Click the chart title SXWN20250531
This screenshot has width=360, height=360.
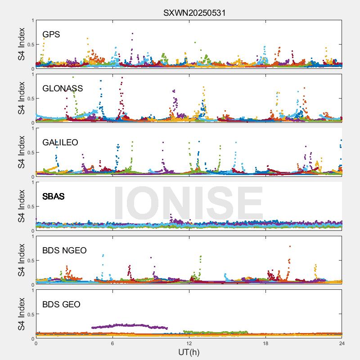click(194, 13)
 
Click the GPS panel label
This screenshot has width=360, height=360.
click(51, 34)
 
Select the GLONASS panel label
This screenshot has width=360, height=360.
click(63, 88)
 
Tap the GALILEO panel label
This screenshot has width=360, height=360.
click(60, 142)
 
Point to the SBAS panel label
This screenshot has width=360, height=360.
click(54, 196)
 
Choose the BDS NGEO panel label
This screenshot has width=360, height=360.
click(64, 250)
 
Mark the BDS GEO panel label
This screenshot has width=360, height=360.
click(61, 304)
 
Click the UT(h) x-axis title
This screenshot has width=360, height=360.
click(189, 351)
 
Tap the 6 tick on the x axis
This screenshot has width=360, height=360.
click(112, 343)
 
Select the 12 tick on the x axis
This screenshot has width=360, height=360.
click(189, 343)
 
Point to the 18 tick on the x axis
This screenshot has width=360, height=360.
click(265, 343)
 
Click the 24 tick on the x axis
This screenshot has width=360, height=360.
click(342, 343)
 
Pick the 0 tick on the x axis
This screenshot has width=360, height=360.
click(36, 343)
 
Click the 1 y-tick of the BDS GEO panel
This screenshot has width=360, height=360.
click(32, 290)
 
